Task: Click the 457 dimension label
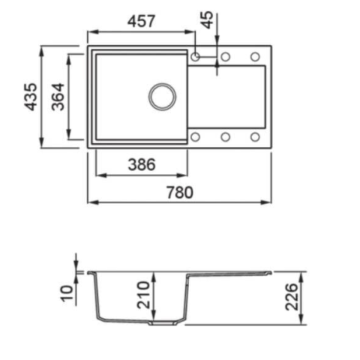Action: [142, 21]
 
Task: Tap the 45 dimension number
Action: [208, 20]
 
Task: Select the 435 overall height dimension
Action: [31, 97]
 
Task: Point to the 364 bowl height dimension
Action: [58, 97]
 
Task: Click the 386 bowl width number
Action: [142, 164]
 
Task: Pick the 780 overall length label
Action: [180, 192]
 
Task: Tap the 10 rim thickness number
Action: [67, 293]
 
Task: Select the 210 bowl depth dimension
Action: [143, 295]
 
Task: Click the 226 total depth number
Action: [292, 297]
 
